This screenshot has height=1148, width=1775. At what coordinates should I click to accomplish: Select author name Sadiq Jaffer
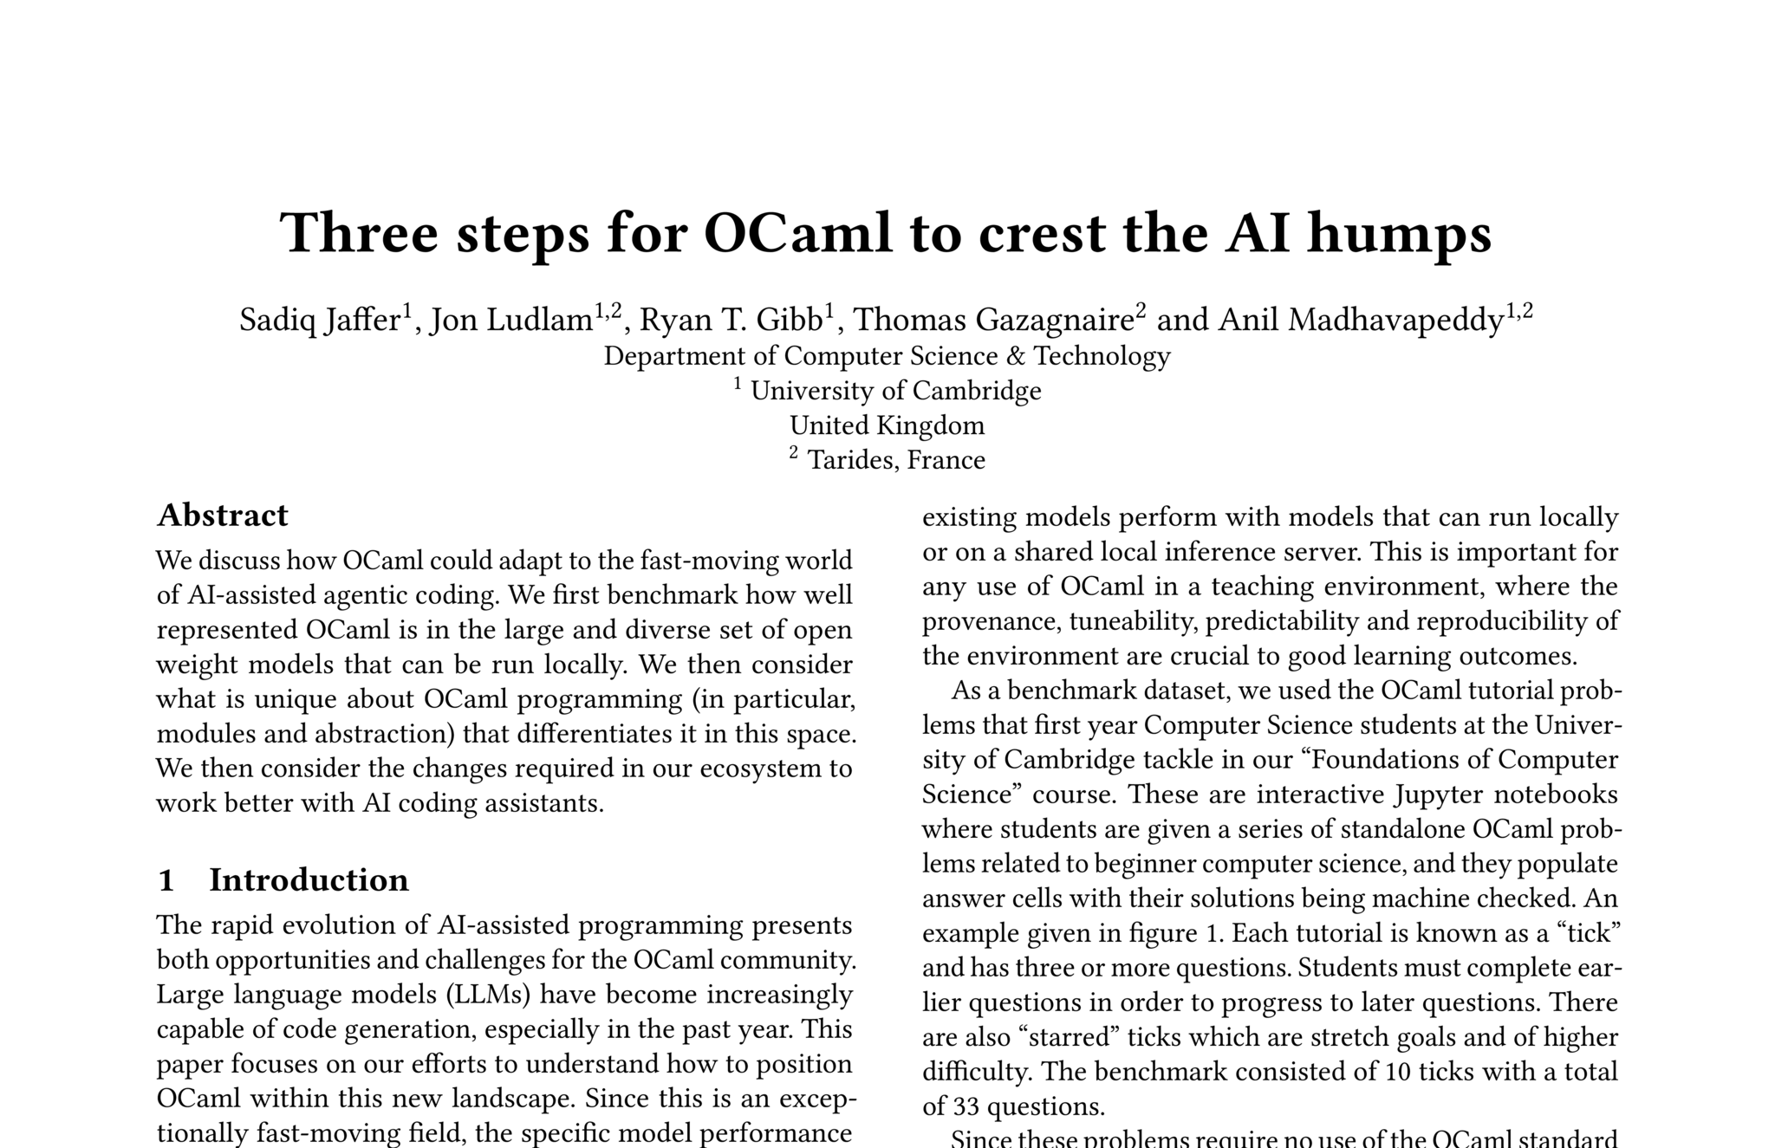click(320, 320)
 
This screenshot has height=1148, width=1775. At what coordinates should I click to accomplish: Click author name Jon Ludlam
click(511, 320)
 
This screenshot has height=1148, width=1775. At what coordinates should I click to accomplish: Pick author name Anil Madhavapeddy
click(1361, 320)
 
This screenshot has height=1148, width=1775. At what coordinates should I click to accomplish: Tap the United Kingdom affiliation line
click(887, 425)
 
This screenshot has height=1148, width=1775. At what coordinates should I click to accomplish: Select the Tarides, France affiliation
click(895, 460)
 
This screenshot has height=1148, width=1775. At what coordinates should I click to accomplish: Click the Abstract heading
click(222, 516)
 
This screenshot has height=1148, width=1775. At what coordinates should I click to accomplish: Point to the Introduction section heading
click(309, 880)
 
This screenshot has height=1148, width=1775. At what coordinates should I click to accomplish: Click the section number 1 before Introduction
click(166, 880)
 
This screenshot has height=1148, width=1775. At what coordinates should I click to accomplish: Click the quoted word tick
click(1585, 933)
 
